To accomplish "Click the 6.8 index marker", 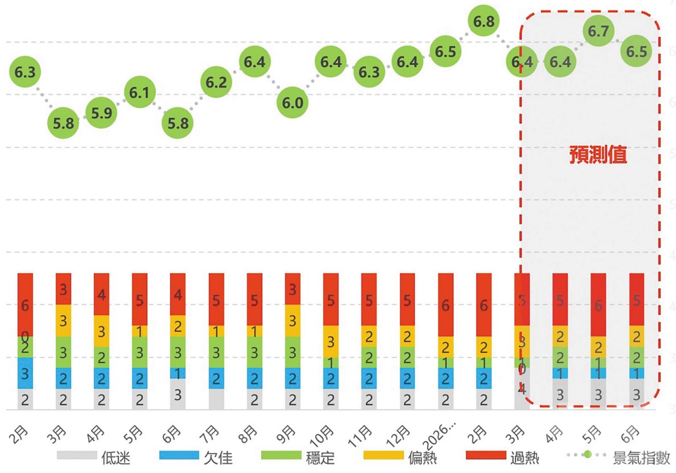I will point(483,21).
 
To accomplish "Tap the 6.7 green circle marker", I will point(598,31).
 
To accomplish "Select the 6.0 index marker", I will point(292,102).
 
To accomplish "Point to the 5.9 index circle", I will point(101,113).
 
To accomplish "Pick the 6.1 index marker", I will point(139,92).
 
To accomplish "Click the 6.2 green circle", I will point(216,82).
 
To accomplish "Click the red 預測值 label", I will point(598,154).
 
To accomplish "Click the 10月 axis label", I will point(322,435).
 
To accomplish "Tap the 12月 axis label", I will point(398,435).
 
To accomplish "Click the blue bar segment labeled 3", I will point(25,373).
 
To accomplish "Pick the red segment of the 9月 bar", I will point(292,289).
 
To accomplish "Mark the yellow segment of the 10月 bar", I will point(331,341).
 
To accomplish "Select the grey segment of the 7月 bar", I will point(216,399).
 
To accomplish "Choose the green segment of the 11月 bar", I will point(369,357).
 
